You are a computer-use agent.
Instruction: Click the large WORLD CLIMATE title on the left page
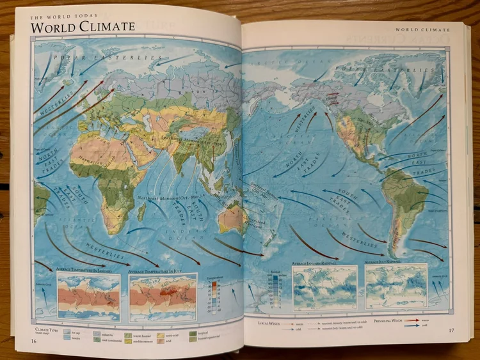coord(83,27)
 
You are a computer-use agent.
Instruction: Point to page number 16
coord(33,340)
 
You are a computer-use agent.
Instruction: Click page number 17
coord(451,331)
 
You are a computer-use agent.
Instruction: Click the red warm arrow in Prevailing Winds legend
coord(412,319)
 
